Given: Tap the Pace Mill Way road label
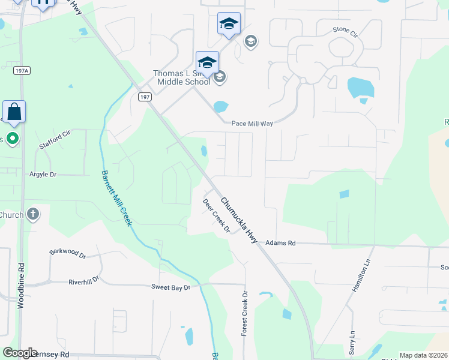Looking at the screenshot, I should [x=252, y=124].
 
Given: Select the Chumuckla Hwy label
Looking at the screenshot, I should [x=239, y=220].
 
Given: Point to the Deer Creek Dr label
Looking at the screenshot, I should [x=217, y=217].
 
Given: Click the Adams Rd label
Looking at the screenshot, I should [x=281, y=243].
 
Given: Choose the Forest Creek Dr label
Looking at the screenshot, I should [x=244, y=314].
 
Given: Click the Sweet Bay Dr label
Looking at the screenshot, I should [x=170, y=288].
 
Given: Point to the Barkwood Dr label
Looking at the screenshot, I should [x=68, y=253].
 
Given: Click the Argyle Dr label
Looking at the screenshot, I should [x=43, y=175].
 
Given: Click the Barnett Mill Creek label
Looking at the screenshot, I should [x=116, y=199].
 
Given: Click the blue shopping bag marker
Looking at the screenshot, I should [x=14, y=112].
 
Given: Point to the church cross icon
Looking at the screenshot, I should [x=33, y=214].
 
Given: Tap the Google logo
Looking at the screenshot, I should [x=20, y=353].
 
